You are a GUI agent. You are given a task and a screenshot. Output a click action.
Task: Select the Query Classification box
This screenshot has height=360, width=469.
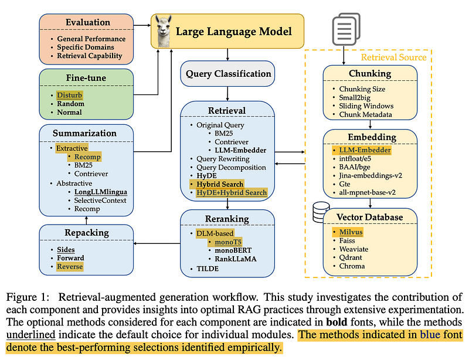(228, 74)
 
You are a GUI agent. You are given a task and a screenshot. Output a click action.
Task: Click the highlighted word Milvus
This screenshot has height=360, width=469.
(351, 232)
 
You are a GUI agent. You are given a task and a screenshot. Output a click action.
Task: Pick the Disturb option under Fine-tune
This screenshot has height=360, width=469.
(70, 94)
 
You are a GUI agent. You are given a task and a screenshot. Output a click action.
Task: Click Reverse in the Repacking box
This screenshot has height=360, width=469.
(70, 267)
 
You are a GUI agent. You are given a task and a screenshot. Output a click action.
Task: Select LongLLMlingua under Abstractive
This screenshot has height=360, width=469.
(100, 192)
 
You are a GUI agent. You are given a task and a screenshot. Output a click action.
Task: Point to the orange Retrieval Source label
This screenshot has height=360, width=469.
(393, 57)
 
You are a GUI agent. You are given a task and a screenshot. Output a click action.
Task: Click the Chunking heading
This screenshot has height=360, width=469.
(369, 74)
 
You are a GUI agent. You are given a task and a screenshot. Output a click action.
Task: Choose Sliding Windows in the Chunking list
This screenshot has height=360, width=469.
(365, 106)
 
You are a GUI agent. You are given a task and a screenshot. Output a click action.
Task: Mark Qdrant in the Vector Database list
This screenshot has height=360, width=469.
(351, 257)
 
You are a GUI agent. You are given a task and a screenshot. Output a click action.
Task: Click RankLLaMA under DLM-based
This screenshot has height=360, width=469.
(235, 258)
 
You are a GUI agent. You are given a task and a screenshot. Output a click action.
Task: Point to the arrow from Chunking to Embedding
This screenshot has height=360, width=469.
(369, 124)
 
